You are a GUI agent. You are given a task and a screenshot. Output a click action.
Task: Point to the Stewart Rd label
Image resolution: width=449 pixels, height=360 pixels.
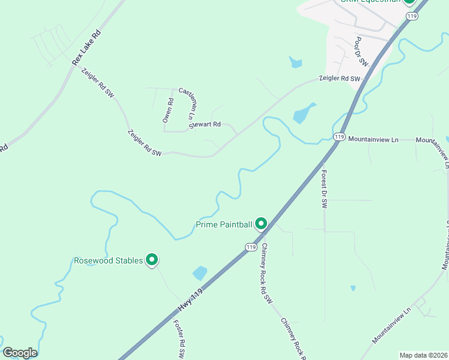[205, 125]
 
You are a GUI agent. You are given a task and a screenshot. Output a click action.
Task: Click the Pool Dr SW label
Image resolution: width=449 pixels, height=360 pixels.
[360, 50]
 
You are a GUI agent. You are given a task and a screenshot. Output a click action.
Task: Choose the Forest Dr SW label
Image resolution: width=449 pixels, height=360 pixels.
[324, 188]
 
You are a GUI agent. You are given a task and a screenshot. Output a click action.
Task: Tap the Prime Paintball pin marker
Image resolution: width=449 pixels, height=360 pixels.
[261, 224]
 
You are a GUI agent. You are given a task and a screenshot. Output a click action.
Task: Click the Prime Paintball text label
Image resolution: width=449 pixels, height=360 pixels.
[223, 225]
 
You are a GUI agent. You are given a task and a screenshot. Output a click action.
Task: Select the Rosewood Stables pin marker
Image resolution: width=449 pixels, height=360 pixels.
[152, 259]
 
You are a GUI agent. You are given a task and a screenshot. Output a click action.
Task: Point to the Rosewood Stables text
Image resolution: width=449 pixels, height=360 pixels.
[108, 260]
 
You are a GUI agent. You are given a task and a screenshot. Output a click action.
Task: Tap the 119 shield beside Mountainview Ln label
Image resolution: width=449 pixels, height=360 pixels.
[339, 137]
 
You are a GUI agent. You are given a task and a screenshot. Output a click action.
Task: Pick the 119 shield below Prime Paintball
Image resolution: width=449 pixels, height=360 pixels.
[251, 247]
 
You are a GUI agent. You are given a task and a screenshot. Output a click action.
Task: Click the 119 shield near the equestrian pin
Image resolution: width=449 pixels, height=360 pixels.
[411, 16]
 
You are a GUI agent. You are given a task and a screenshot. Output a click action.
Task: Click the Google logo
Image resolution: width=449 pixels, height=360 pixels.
[20, 353]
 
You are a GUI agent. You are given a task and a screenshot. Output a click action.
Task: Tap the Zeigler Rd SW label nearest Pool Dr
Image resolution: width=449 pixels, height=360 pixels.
[340, 79]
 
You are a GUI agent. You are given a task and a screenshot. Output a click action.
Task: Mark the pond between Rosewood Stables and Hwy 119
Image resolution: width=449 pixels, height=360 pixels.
[200, 274]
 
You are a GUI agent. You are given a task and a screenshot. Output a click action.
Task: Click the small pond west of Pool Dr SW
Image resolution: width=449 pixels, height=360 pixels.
[295, 61]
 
